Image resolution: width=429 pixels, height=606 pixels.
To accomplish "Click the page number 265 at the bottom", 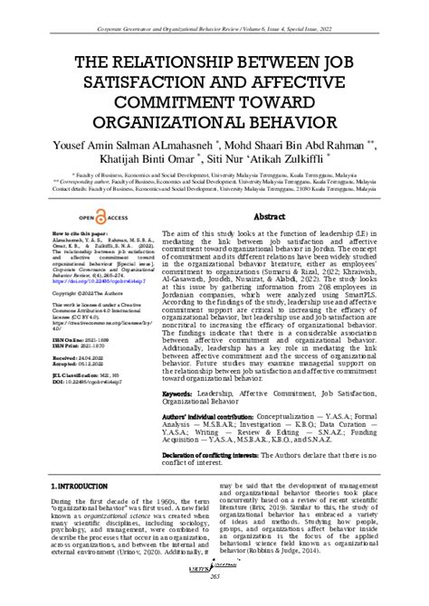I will click(x=214, y=600).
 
